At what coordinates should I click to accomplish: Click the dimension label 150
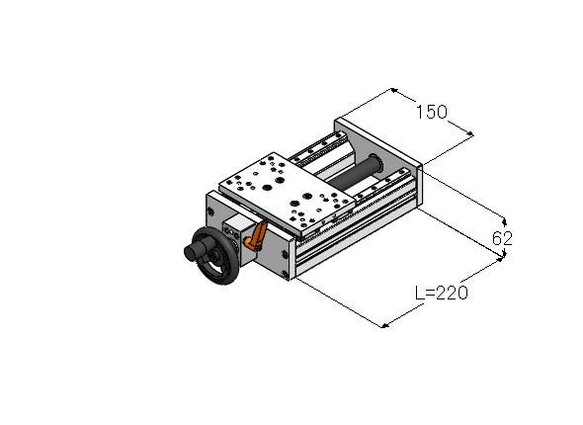pos(431,112)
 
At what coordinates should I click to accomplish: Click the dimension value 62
pos(502,238)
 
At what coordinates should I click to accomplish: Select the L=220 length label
pos(442,293)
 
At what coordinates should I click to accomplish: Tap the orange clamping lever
pos(256,236)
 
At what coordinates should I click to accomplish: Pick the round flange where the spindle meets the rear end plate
pos(376,164)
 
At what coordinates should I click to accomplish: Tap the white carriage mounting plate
pos(287,193)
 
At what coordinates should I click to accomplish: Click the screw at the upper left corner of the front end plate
pos(210,212)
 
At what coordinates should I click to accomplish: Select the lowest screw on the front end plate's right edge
pos(285,275)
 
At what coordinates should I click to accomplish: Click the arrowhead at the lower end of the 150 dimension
pos(469,133)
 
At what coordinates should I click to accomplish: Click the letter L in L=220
pos(419,293)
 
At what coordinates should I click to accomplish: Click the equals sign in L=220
pos(430,293)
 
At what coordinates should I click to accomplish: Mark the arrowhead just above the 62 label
pos(504,222)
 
